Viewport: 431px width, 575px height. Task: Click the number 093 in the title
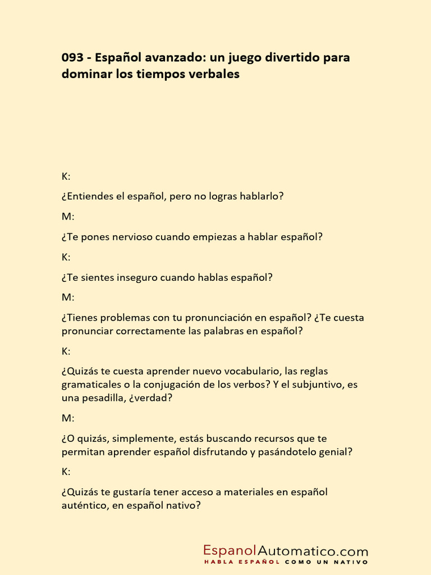tap(74, 58)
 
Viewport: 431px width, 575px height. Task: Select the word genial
tap(337, 453)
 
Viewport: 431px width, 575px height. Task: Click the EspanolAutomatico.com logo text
tap(286, 551)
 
